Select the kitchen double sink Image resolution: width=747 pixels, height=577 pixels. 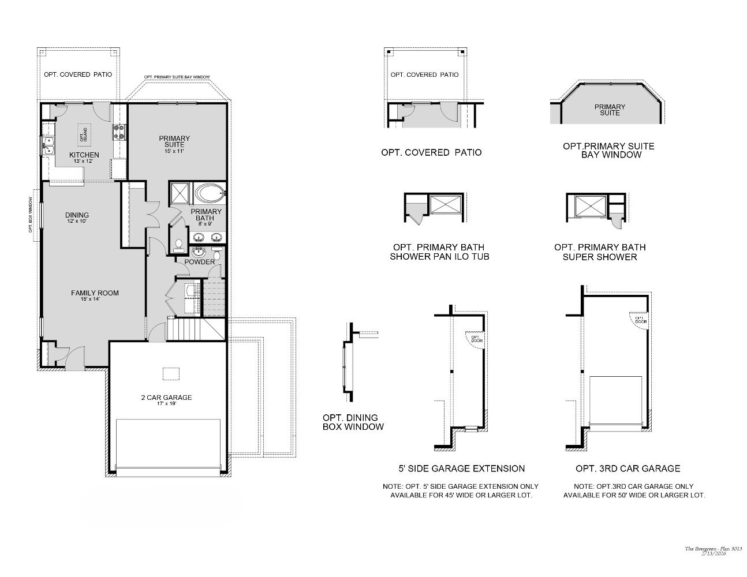coord(47,145)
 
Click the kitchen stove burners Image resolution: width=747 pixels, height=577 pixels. coord(119,133)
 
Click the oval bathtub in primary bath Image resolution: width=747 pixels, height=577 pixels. coord(210,192)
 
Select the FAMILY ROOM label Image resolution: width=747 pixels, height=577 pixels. coord(95,295)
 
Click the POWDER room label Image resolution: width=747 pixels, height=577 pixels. coord(199,262)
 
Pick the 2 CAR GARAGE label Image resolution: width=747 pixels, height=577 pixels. coord(166,399)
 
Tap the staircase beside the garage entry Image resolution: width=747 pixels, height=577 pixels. coord(186,329)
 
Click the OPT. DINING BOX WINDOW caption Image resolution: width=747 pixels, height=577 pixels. coord(352,422)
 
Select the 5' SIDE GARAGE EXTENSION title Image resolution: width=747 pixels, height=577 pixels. coord(458,469)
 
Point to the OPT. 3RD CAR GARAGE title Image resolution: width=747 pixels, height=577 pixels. coord(628,469)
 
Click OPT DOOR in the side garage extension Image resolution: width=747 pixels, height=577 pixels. coord(476,339)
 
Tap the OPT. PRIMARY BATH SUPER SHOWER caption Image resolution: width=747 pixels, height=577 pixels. coord(600,252)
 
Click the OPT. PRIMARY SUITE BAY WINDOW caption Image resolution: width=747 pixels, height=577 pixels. coord(608,151)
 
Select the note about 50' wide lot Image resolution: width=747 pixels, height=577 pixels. coord(634,491)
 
